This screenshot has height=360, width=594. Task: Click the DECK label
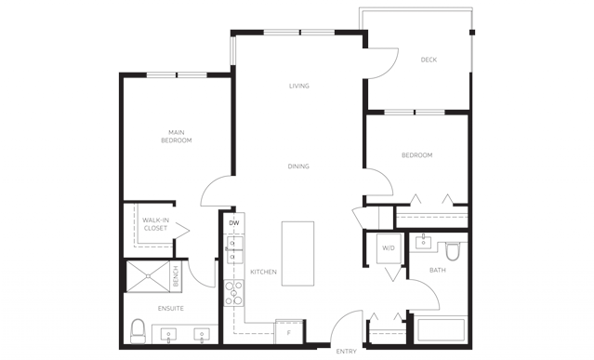[x=429, y=60]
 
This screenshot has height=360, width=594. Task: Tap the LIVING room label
[x=299, y=86]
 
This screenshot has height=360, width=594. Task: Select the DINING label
[x=298, y=166]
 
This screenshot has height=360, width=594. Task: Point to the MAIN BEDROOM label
[x=177, y=137]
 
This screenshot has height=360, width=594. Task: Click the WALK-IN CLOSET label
[x=155, y=224]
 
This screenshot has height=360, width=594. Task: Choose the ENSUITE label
[x=171, y=309]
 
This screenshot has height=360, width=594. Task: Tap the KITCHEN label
[x=264, y=272]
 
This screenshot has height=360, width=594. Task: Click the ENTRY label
[x=346, y=352]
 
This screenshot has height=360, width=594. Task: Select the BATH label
[x=438, y=270]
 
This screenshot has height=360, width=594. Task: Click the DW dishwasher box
[x=234, y=223]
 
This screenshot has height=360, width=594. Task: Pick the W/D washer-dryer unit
[x=389, y=248]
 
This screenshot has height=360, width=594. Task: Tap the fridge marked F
[x=289, y=332]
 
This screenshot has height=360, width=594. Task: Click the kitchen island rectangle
[x=297, y=254]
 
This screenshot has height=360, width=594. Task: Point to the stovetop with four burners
[x=233, y=293]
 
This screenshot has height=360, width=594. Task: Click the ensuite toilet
[x=138, y=331]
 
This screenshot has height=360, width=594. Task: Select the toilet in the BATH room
[x=453, y=251]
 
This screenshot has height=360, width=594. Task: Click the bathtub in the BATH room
[x=441, y=330]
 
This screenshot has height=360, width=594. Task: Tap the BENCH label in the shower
[x=176, y=276]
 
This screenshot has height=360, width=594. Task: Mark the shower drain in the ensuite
[x=148, y=276]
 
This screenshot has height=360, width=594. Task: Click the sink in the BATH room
[x=422, y=241]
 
